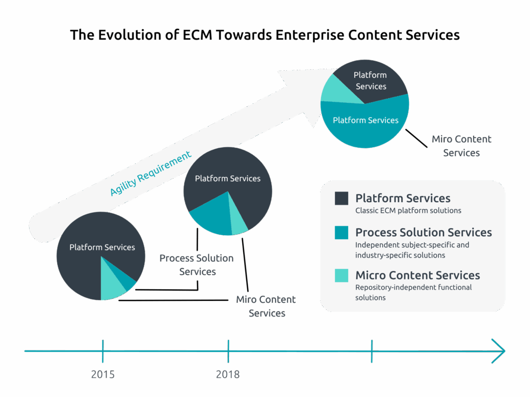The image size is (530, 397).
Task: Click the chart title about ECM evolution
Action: [x=264, y=35]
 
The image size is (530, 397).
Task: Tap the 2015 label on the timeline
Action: [x=103, y=375]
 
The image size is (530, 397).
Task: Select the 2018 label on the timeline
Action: [x=228, y=375]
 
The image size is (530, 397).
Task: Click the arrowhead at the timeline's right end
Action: [x=499, y=351]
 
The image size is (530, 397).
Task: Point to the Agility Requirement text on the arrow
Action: [x=151, y=174]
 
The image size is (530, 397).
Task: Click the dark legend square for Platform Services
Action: [x=341, y=198]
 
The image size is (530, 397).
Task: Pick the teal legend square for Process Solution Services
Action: [x=341, y=233]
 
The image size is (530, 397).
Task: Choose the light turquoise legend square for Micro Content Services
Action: [x=341, y=275]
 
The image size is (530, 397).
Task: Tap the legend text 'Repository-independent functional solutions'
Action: [x=413, y=292]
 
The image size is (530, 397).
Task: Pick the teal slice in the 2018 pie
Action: [x=210, y=216]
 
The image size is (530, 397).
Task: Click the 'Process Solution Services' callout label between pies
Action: [x=197, y=265]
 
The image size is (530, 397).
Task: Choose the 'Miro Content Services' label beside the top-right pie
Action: [x=461, y=146]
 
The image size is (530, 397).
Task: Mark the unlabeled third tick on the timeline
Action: [x=372, y=351]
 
